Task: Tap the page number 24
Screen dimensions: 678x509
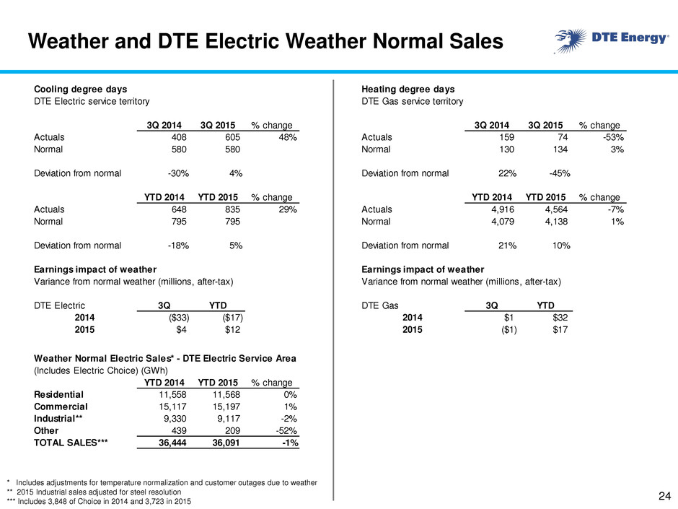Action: [x=664, y=496]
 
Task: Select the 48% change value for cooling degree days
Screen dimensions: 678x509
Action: [x=288, y=137]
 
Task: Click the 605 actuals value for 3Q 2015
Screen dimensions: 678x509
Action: [x=232, y=137]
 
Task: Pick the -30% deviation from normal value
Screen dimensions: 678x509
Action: [x=178, y=173]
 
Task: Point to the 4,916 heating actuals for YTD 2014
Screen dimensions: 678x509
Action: [x=503, y=209]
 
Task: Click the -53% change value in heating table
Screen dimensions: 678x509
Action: [x=614, y=137]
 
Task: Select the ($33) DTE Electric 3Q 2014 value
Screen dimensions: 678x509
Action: [x=179, y=318]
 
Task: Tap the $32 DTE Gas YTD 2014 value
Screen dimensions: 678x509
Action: [x=560, y=318]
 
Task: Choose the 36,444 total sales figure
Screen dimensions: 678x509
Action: [x=172, y=443]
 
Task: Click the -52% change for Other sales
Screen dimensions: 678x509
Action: [x=286, y=430]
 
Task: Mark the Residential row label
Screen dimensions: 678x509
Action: [x=59, y=395]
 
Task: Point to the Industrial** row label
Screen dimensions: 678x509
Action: [x=58, y=419]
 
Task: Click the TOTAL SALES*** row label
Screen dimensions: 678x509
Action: [x=71, y=443]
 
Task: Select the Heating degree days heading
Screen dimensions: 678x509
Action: [x=408, y=89]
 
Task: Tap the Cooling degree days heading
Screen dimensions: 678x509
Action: [x=81, y=89]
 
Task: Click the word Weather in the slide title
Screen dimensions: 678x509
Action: [x=69, y=42]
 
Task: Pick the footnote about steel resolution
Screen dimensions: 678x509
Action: [x=94, y=492]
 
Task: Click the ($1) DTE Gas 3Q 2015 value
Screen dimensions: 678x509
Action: [x=509, y=330]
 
